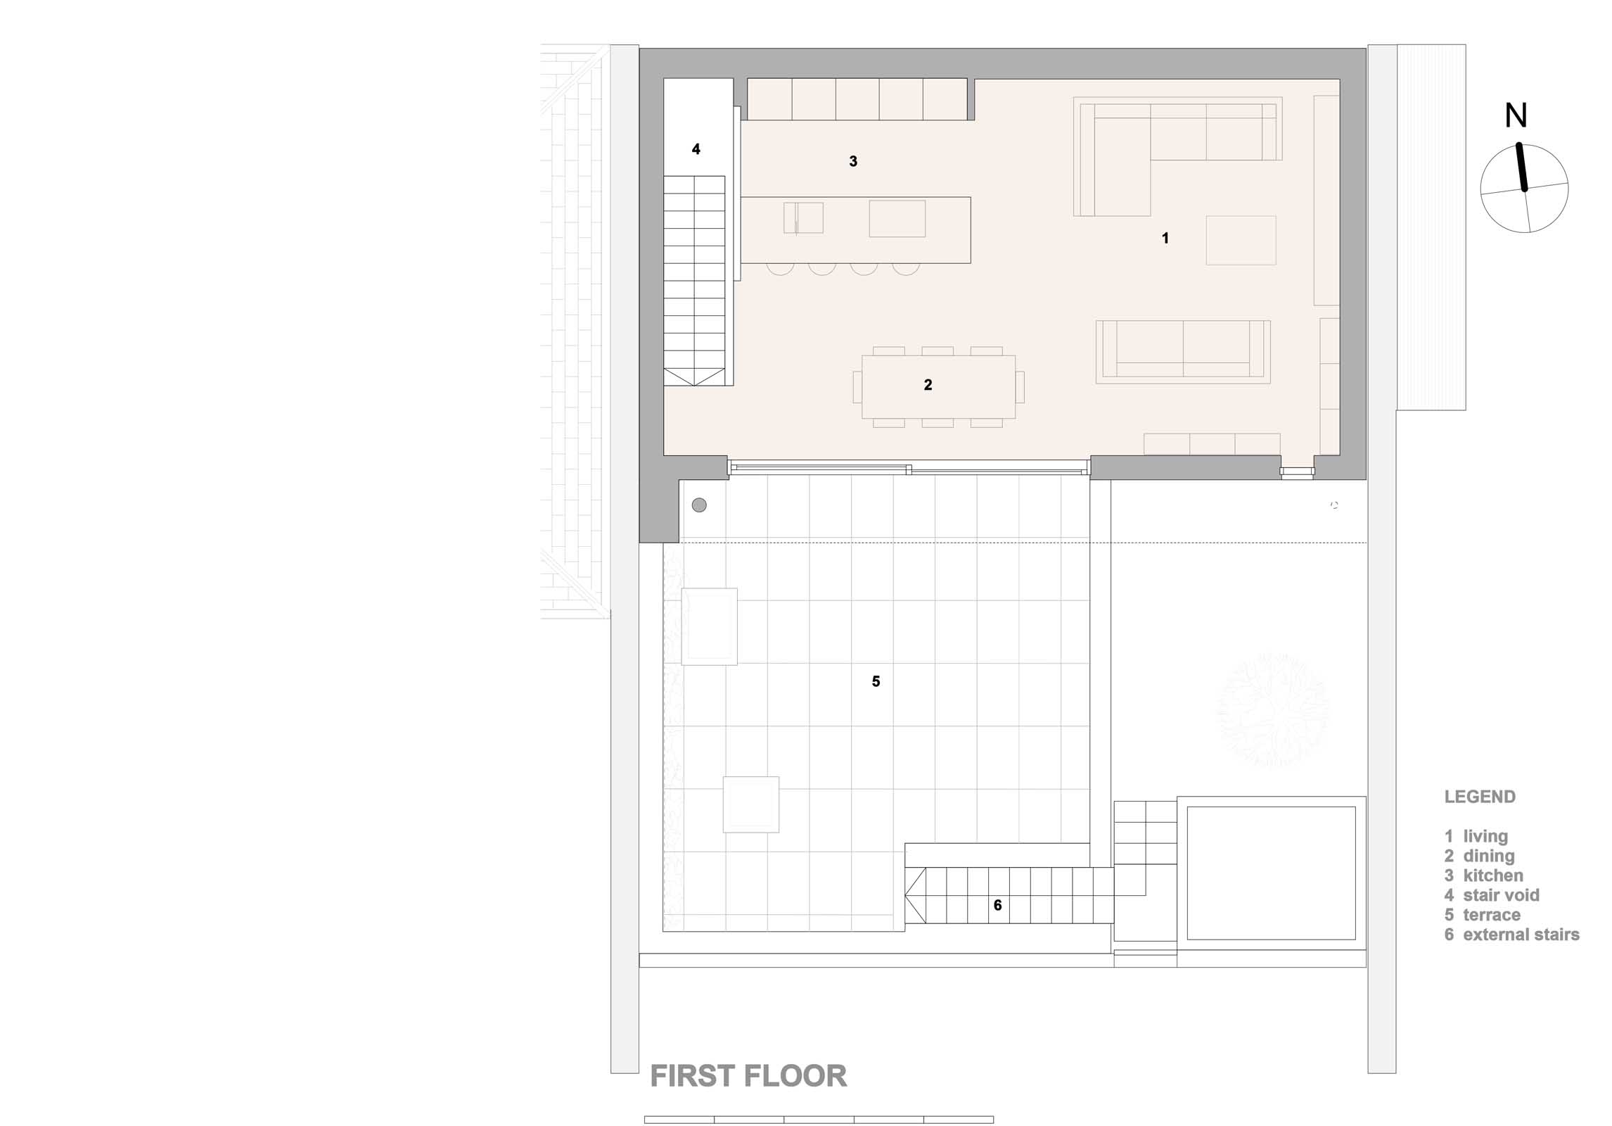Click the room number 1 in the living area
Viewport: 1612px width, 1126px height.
click(x=1165, y=239)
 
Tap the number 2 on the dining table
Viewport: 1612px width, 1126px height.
click(x=928, y=385)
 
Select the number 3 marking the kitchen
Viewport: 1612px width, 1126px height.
click(x=853, y=161)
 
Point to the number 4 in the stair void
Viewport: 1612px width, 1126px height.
click(x=696, y=149)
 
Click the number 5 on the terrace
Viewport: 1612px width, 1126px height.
click(x=876, y=681)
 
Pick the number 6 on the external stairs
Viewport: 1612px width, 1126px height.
click(x=997, y=905)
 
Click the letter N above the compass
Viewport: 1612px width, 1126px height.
click(x=1516, y=116)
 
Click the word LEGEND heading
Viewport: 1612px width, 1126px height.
click(x=1480, y=797)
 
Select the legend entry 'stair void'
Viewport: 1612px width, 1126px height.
click(x=1501, y=895)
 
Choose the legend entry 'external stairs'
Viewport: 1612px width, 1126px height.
click(x=1521, y=935)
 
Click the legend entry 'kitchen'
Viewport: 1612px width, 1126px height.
click(x=1493, y=875)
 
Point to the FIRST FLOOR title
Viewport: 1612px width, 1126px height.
click(x=748, y=1076)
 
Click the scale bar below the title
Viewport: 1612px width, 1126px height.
click(x=819, y=1120)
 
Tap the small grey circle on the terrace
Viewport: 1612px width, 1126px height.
click(x=699, y=505)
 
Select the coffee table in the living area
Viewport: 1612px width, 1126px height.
click(x=1241, y=240)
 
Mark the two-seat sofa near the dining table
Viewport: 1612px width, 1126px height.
click(x=1183, y=352)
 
